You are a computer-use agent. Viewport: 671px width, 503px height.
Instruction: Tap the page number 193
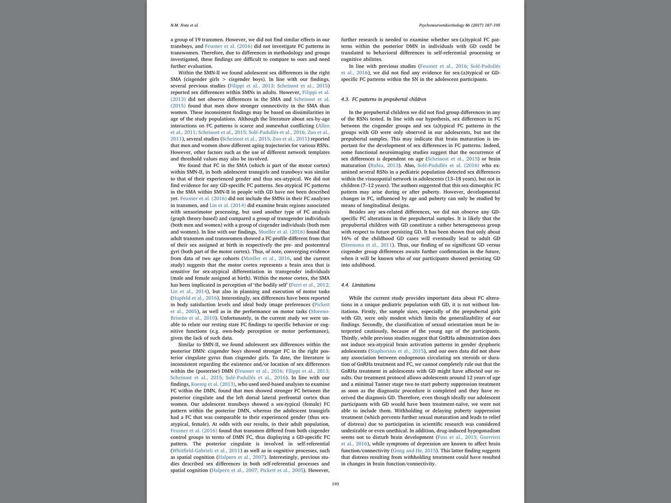click(335, 484)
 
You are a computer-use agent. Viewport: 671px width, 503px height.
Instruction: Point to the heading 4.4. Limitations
click(360, 285)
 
